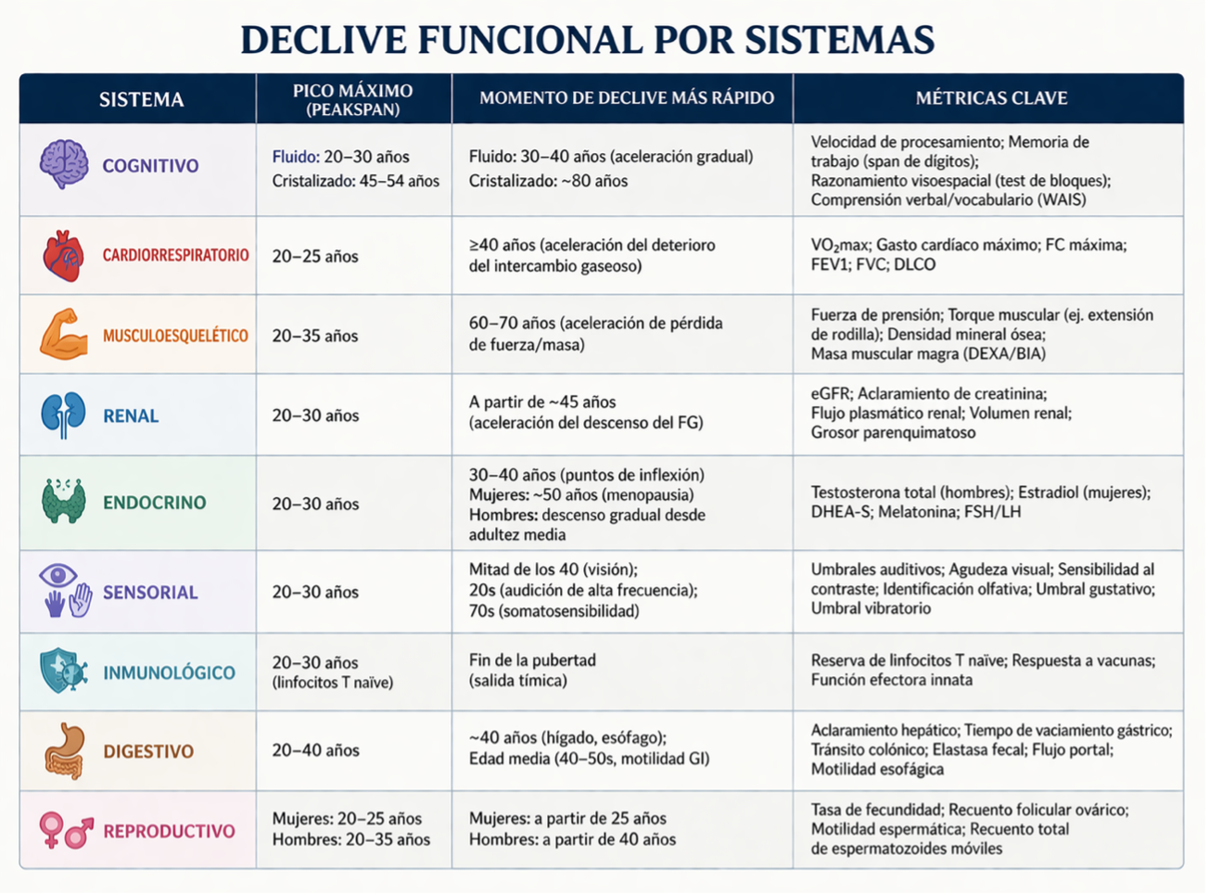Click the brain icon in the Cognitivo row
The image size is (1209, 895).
click(64, 164)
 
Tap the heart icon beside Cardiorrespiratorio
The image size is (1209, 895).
click(64, 256)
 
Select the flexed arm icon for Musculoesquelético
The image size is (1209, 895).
click(64, 334)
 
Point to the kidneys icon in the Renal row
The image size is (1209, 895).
click(63, 416)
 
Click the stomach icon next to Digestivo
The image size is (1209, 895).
click(65, 751)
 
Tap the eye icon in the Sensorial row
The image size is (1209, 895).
click(57, 575)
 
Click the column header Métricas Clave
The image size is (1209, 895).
click(991, 98)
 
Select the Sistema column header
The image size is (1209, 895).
click(141, 100)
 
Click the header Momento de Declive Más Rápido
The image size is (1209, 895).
click(627, 98)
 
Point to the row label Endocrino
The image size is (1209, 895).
click(155, 503)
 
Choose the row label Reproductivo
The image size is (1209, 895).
click(169, 831)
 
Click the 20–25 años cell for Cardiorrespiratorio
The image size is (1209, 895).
click(315, 256)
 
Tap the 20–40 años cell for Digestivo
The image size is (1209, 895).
click(315, 750)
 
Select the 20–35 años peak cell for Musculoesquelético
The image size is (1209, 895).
click(315, 336)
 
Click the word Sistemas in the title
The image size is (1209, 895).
click(840, 40)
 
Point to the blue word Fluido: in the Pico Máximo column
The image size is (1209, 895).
click(296, 157)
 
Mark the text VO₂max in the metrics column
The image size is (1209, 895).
click(839, 246)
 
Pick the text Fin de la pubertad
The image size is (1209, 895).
click(532, 660)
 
